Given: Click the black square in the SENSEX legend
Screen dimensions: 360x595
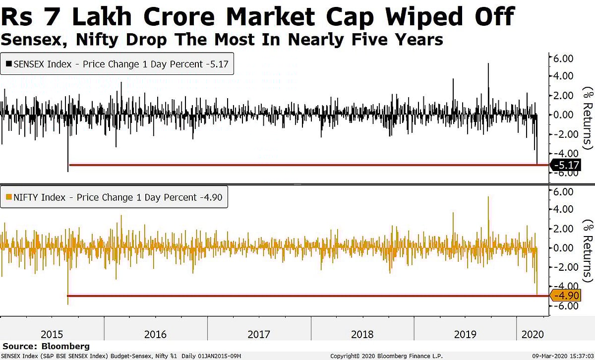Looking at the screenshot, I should coord(8,64).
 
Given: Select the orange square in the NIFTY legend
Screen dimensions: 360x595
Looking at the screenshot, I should coord(8,197).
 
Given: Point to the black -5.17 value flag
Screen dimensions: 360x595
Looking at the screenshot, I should coord(566,165).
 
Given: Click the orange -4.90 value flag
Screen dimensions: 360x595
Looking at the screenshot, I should coord(566,296).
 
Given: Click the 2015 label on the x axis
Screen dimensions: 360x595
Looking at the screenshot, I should coord(52,334).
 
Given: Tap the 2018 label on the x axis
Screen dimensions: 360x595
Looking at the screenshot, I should coord(362,334).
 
